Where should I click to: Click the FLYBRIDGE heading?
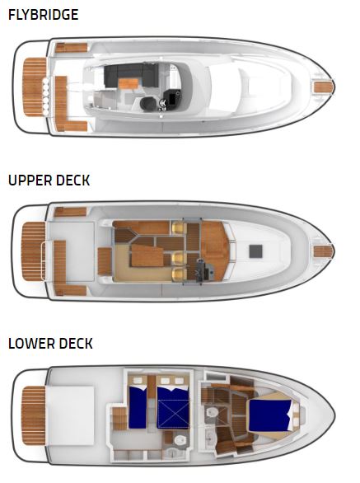(44, 15)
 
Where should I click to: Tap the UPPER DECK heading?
(49, 181)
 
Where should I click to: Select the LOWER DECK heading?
(50, 344)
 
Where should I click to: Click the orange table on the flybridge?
(129, 83)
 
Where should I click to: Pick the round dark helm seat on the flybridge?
(148, 104)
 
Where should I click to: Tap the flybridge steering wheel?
(162, 105)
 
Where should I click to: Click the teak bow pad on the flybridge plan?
(324, 87)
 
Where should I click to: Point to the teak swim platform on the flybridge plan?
(34, 87)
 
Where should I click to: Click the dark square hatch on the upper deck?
(255, 251)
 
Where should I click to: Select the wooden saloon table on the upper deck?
(147, 256)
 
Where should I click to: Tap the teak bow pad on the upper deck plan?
(324, 251)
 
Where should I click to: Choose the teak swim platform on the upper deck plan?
(34, 251)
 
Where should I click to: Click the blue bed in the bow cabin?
(269, 415)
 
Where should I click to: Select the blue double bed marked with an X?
(173, 407)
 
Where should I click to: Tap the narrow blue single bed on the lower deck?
(138, 407)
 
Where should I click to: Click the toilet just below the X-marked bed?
(180, 440)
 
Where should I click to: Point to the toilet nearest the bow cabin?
(212, 412)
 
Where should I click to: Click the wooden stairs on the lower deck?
(119, 419)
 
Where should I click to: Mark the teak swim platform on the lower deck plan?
(34, 415)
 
